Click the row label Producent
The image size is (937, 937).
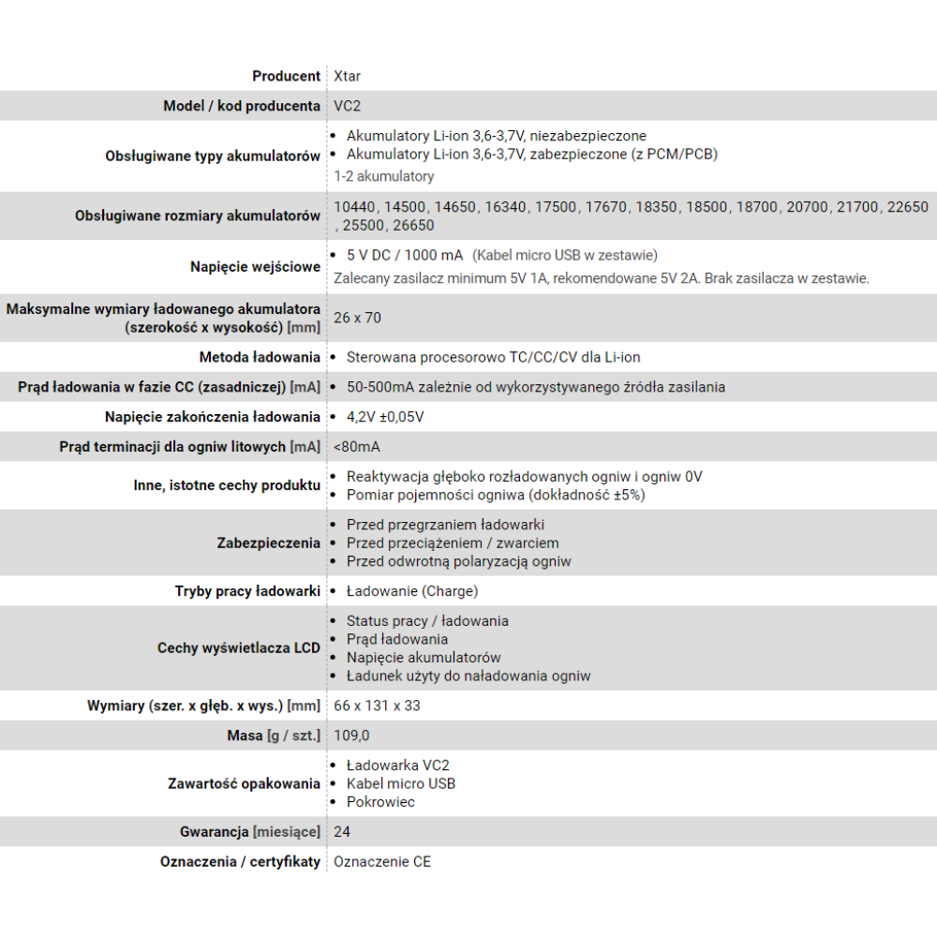[286, 76]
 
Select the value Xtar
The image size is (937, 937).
[347, 76]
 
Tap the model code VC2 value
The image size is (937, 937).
[347, 106]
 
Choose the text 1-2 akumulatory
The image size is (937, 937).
[384, 176]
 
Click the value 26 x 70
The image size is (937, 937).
[357, 318]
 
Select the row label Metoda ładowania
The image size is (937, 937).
[260, 357]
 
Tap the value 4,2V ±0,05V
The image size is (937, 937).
[384, 417]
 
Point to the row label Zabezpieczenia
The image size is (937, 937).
[268, 543]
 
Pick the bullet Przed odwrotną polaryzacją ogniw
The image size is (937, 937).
[458, 561]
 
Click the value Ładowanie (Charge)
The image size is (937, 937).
[411, 591]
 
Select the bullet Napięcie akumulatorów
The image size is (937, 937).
[424, 658]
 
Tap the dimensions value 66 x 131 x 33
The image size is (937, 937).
[377, 706]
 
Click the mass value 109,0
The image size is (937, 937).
[351, 736]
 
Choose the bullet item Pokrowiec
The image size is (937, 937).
[380, 802]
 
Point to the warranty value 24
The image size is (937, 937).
[342, 832]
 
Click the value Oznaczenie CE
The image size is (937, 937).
[382, 862]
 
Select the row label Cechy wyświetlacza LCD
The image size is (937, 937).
[238, 648]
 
